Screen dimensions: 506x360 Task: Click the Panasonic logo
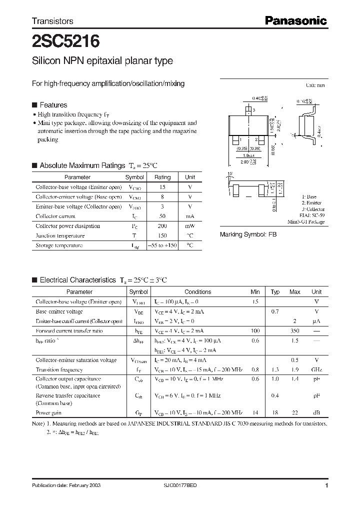295,20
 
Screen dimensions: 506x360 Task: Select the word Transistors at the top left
52,21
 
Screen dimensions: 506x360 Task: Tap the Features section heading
53,105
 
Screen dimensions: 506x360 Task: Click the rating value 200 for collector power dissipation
162,226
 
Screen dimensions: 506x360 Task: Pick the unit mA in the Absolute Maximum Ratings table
190,216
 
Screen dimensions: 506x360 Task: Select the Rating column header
162,177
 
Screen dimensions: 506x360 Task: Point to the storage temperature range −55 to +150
162,245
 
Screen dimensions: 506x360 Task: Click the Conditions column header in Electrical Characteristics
198,292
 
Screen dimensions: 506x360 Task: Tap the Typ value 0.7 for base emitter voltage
275,311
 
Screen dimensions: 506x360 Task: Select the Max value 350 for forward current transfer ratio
295,331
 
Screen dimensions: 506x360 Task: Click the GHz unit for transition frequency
316,370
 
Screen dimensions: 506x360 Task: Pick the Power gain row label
49,413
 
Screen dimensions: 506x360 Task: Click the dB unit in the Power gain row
316,413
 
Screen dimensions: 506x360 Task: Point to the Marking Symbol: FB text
248,234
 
